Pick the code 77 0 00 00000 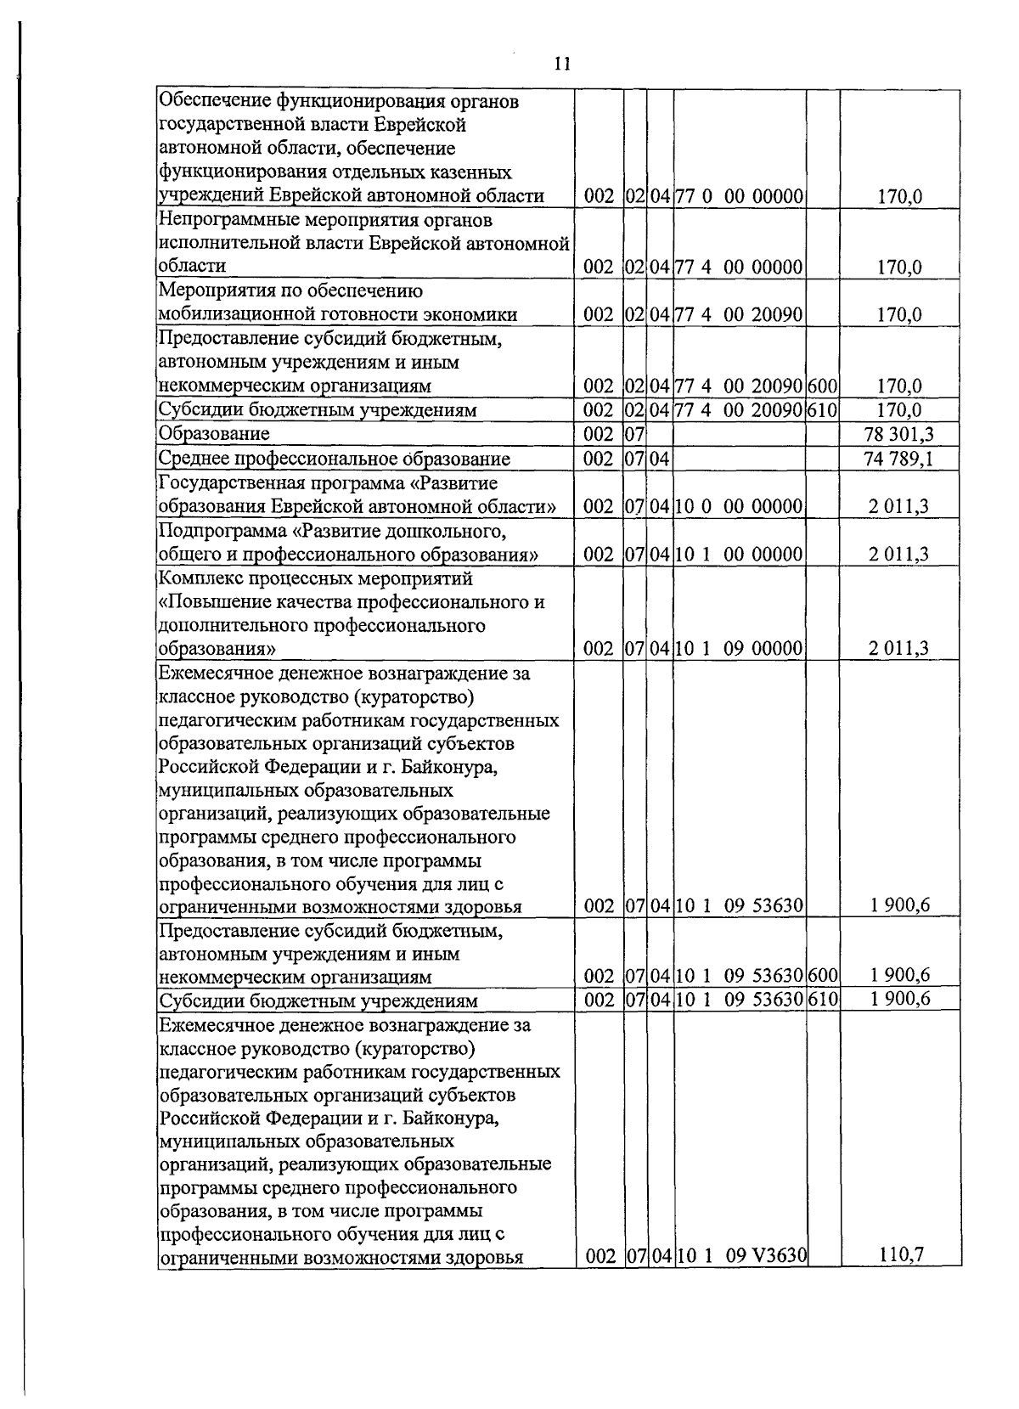click(x=740, y=197)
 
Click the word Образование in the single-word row click(x=215, y=434)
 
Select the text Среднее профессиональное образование click(x=335, y=459)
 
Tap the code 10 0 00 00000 click(x=740, y=507)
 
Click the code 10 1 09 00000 click(x=740, y=649)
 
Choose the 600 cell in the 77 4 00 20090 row click(x=822, y=386)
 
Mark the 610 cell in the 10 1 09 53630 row click(x=822, y=999)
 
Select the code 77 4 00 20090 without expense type click(x=740, y=315)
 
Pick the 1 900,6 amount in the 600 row click(x=899, y=976)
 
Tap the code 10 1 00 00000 click(x=740, y=555)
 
